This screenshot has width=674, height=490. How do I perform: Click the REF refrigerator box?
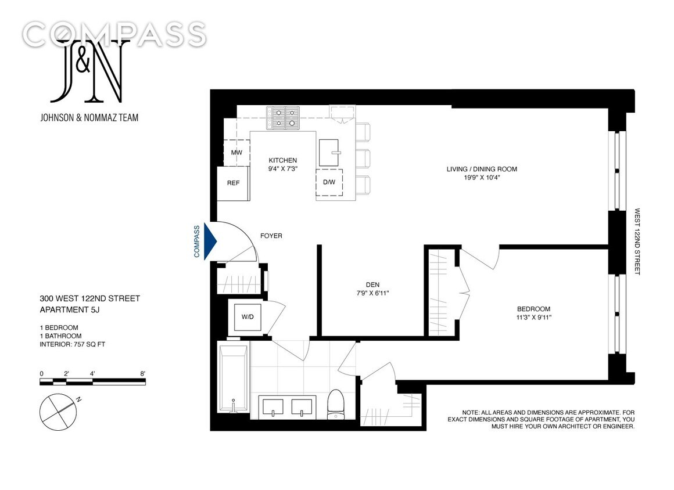(x=233, y=183)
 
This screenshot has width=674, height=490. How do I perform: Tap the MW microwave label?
(x=236, y=153)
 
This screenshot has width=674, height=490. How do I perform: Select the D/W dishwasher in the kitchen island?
(x=329, y=182)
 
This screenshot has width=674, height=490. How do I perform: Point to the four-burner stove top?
(x=283, y=117)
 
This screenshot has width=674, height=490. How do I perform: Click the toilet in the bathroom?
(x=336, y=404)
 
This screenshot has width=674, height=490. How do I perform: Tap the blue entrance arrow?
(x=209, y=241)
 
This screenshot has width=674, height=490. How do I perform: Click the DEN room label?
(x=372, y=284)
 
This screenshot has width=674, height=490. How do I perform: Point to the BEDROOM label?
(x=533, y=309)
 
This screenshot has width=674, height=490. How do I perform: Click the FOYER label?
(x=271, y=236)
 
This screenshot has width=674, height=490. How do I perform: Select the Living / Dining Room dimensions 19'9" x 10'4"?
(x=481, y=178)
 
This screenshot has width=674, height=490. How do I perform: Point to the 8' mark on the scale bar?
(x=142, y=373)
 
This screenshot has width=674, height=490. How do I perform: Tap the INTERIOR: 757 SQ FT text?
(x=73, y=344)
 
